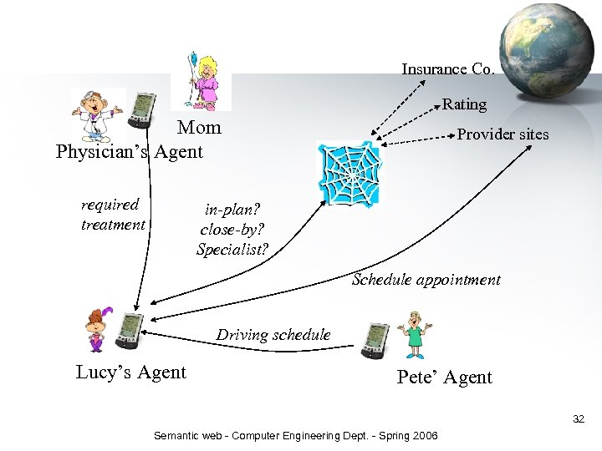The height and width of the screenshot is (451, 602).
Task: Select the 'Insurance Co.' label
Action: point(448,69)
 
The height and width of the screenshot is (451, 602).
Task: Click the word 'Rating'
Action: point(464,104)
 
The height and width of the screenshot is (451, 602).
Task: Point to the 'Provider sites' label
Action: point(503,134)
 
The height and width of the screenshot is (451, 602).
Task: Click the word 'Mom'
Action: point(199,128)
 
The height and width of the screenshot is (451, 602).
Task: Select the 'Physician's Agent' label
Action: point(130,151)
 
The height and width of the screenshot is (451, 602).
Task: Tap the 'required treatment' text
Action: point(112,215)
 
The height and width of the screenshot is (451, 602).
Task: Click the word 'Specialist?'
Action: point(232,249)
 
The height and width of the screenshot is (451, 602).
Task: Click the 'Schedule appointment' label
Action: point(426,280)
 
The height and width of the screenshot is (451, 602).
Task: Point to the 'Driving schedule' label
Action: point(273,335)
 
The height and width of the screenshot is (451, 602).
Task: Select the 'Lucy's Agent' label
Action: point(131,372)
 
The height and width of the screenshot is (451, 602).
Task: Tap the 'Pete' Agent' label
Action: point(444,377)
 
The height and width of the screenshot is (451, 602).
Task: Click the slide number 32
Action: point(579,418)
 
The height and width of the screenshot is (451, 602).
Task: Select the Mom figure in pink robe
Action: point(202,80)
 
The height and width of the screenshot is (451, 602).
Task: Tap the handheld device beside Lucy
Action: point(130,331)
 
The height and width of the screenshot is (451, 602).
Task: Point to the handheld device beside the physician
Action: point(144,109)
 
